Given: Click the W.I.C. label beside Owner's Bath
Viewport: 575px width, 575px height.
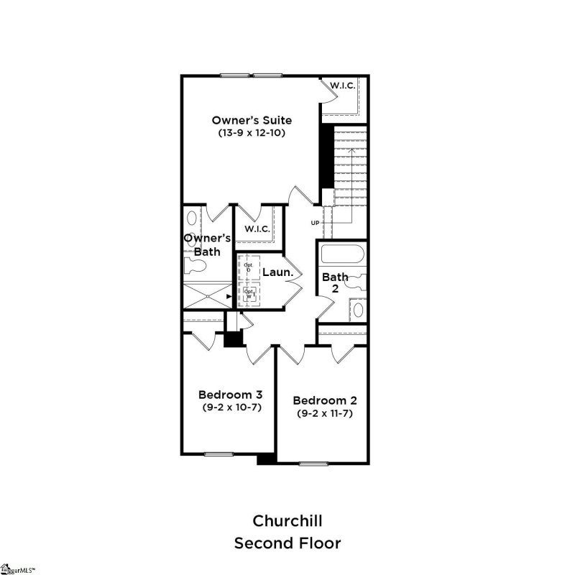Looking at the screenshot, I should pos(257,229).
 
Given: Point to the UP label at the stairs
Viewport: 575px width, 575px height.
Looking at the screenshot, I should pos(315,223).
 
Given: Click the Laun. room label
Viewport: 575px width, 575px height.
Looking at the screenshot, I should pos(277,272).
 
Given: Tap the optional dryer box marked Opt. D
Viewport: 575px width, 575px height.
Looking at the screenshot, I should pos(249,267).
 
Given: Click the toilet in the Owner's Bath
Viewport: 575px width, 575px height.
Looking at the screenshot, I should pos(195,266).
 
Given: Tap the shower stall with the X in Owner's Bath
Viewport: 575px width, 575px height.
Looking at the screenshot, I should pos(204,295).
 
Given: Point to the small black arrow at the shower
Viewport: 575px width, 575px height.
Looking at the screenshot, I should pos(229,295).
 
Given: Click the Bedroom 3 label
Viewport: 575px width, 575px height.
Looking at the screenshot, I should pos(230,395).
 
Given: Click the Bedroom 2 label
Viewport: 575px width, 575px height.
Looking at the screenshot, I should pos(325,400).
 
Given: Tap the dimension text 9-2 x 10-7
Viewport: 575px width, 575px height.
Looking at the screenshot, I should pos(230,408).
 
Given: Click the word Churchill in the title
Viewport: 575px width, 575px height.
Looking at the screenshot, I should pos(287,520).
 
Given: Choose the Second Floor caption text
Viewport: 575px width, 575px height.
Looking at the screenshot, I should pos(287,543).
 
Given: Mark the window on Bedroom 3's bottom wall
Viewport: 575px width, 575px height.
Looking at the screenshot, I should pos(216,454).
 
